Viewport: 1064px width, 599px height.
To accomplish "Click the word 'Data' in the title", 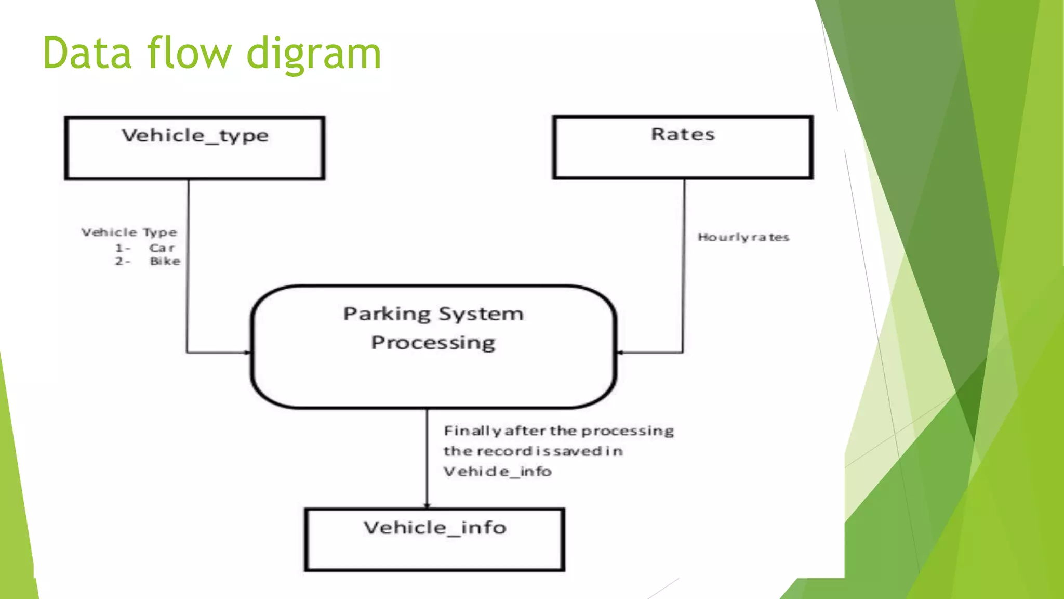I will click(x=87, y=53).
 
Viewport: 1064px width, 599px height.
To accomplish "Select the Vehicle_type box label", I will click(x=195, y=136).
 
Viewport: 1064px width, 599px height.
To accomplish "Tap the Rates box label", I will click(x=683, y=135).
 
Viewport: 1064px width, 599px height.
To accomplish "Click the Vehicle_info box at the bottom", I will click(x=434, y=540).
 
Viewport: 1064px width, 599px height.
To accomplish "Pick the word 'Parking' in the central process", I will click(x=387, y=315).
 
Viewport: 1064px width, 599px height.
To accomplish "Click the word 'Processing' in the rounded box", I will click(x=433, y=343).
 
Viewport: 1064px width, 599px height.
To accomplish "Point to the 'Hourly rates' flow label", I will click(x=743, y=238).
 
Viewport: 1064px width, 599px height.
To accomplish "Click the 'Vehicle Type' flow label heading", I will click(x=129, y=232).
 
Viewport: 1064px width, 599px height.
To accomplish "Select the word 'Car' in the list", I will click(x=162, y=248).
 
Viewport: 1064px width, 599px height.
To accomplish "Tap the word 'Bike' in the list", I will click(x=165, y=262).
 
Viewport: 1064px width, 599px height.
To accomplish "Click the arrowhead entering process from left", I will click(x=248, y=353).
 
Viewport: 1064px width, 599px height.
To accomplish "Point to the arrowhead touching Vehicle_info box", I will click(x=427, y=505).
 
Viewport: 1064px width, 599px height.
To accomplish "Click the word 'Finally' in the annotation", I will click(x=472, y=431).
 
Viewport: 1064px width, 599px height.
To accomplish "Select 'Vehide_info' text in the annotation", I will click(x=497, y=472).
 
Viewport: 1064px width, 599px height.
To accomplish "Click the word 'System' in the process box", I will click(x=481, y=315).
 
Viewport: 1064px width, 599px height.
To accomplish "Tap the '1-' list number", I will click(x=123, y=248).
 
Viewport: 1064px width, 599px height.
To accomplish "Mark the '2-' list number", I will click(x=123, y=262).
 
